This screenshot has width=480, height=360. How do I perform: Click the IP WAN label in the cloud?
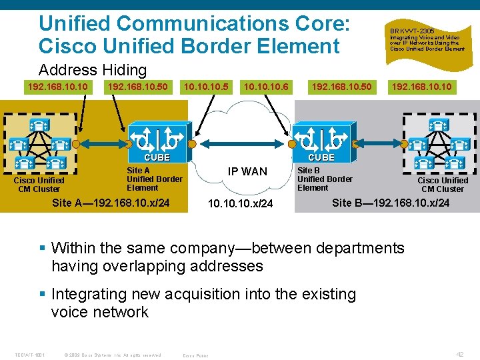(247, 171)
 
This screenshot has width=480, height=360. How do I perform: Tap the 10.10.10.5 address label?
(206, 87)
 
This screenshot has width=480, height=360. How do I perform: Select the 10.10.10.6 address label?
(266, 87)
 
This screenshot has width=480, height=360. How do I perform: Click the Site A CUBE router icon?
(157, 138)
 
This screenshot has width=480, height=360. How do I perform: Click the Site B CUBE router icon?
(321, 138)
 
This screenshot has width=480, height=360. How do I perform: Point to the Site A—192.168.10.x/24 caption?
(111, 203)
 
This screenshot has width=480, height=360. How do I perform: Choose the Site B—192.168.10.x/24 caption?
(391, 203)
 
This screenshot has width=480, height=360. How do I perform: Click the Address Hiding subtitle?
(93, 70)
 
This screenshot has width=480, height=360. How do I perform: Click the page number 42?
(459, 355)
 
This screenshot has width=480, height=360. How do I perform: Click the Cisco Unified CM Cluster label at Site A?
(39, 185)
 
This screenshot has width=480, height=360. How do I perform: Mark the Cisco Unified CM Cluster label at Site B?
(443, 185)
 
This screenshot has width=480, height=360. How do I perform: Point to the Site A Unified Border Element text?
(154, 179)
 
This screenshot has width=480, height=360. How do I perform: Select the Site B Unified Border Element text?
(325, 179)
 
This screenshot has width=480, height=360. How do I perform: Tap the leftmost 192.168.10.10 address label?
(57, 87)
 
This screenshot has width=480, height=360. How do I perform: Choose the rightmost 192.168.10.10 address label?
(421, 87)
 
